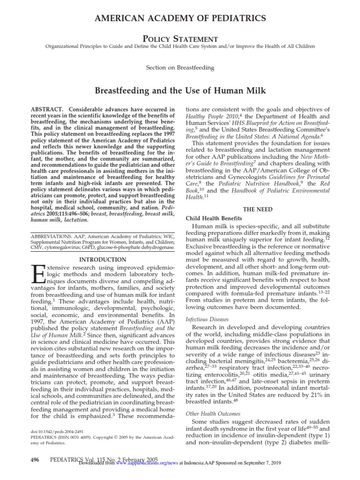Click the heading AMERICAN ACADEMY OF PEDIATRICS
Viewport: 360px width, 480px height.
coord(180,18)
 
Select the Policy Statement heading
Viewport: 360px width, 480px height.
coord(180,39)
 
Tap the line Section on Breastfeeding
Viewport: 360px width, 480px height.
coord(180,67)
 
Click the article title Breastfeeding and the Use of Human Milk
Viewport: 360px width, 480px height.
coord(180,90)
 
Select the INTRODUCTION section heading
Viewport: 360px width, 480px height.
coord(102,259)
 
